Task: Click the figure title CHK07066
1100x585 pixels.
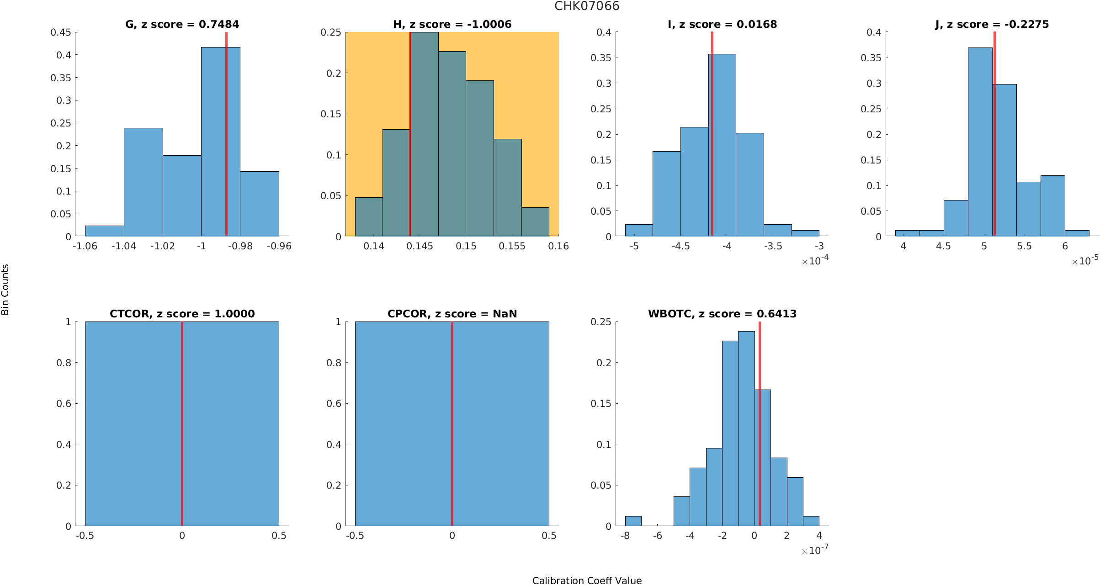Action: [587, 6]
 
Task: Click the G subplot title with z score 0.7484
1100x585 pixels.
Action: [182, 24]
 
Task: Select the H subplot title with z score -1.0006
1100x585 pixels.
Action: [452, 24]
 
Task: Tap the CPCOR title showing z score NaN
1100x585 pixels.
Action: [452, 314]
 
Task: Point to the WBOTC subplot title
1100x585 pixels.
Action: [722, 314]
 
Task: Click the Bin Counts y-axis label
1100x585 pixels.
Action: [5, 290]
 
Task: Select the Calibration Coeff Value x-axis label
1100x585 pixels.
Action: [587, 580]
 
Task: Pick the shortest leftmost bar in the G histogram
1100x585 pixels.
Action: [104, 231]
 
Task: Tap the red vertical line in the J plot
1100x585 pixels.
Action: [994, 137]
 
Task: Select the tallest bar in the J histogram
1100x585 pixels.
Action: [980, 142]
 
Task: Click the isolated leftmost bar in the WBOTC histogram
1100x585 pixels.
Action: [633, 521]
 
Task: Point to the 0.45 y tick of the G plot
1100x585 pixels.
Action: [61, 32]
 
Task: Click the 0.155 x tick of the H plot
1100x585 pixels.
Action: [512, 246]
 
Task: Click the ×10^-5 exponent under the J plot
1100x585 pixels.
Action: [1084, 260]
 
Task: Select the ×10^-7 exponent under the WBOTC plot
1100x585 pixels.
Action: [814, 550]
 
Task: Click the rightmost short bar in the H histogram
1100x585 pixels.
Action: [535, 222]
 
